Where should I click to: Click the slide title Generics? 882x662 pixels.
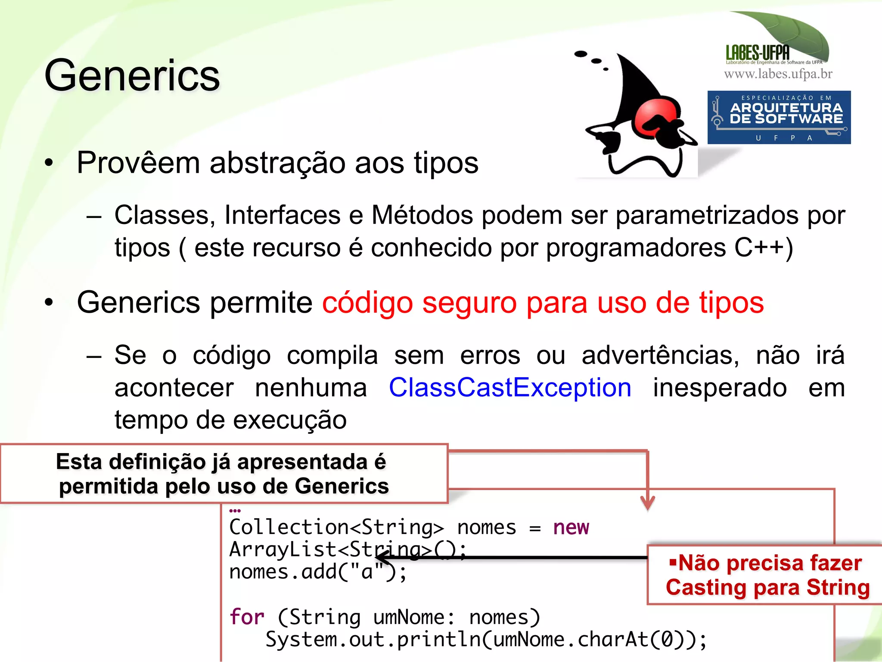(132, 76)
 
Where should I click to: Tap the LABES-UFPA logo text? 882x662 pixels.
(758, 53)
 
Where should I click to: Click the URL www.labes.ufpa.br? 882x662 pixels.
(778, 74)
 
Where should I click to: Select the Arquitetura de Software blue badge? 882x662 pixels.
(779, 117)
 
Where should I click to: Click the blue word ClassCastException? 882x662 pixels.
(510, 387)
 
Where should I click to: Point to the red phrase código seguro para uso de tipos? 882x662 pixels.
(543, 302)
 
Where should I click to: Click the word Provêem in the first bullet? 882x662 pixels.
(138, 163)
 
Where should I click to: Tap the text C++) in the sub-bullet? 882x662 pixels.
(763, 248)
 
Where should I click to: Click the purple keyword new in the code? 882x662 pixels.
(571, 527)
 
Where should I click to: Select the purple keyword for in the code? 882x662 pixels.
(247, 617)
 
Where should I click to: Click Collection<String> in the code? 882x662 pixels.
(336, 527)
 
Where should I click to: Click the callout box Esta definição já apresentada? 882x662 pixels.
(224, 474)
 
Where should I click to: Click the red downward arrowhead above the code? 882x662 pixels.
(647, 503)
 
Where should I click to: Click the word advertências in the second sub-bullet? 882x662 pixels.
(660, 355)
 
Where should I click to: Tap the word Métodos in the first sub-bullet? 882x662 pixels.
(422, 215)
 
